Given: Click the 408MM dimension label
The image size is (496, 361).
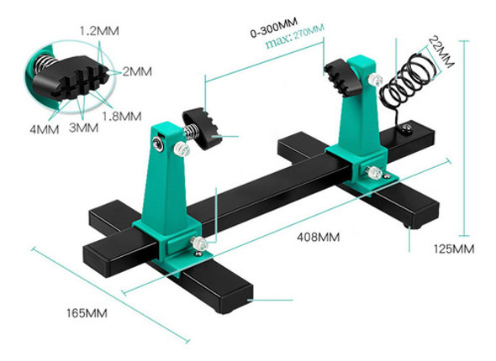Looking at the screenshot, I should (317, 238).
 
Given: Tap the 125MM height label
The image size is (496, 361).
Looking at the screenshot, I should (454, 249).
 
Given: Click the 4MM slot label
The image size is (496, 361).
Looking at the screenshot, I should (43, 130).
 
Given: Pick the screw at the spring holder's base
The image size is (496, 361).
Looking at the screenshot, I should (406, 128).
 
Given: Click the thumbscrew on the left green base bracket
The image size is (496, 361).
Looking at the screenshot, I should (198, 243).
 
